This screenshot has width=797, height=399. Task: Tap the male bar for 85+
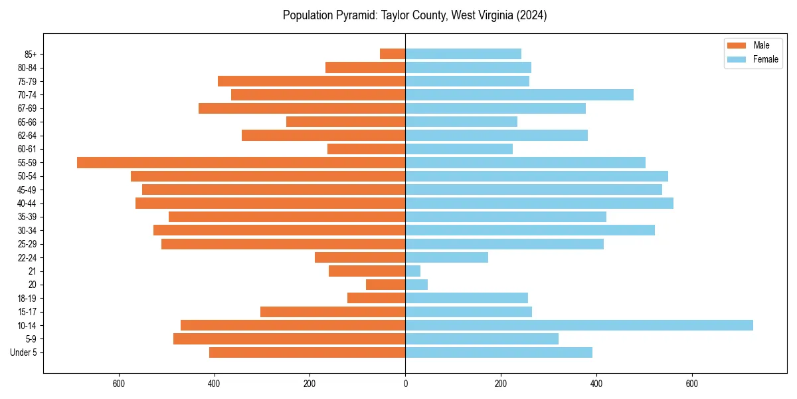coord(393,54)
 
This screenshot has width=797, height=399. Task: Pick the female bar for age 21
coord(412,271)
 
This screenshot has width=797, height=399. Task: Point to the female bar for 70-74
coord(519,94)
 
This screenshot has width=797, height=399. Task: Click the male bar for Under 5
coord(307,352)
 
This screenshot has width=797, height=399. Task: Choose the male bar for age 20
coord(385,285)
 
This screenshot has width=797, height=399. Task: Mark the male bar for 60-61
coord(366,149)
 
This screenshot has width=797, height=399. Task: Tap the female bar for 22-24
coord(446,257)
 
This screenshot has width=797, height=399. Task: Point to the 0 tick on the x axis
coord(405,383)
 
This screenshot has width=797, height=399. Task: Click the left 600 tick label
coord(119,383)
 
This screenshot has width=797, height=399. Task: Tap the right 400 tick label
coord(596,383)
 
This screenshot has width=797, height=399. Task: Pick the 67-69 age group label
coord(28,108)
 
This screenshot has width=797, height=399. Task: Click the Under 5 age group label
coord(24,352)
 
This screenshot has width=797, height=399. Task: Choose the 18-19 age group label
coord(28,298)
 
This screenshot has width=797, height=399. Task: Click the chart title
coord(414,15)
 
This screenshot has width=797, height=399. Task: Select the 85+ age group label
coord(31,54)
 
